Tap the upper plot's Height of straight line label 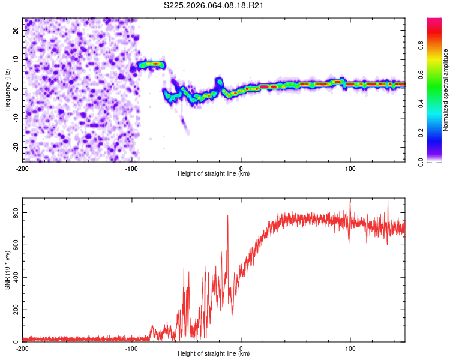(x=214, y=173)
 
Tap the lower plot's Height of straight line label (x=214, y=353)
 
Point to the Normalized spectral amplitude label (x=446, y=90)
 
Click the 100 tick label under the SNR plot (x=350, y=348)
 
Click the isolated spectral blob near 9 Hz (x=151, y=64)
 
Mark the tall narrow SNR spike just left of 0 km (x=228, y=216)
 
